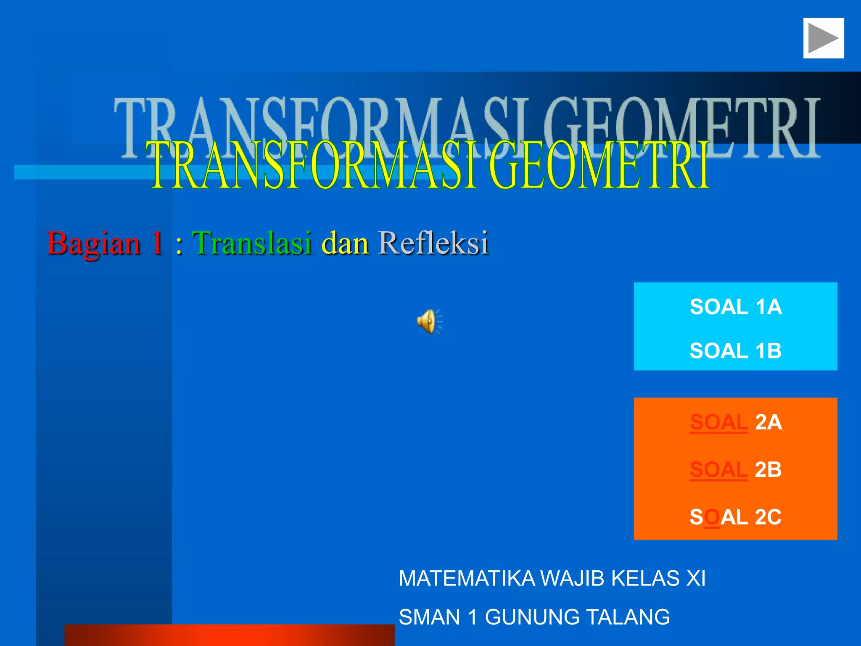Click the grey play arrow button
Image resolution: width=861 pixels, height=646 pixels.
823,38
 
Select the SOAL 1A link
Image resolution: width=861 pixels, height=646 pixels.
736,307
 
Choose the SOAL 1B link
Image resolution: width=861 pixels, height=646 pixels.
736,351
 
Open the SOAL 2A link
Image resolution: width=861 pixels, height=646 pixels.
736,422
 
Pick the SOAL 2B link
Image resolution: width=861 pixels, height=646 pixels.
736,470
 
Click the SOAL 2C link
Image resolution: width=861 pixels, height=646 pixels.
736,517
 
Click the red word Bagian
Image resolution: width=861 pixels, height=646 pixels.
94,244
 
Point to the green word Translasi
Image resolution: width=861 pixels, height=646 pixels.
252,243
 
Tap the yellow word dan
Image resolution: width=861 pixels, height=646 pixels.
345,243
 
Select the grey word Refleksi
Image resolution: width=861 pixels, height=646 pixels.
433,243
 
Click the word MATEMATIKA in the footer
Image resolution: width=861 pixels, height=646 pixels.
467,578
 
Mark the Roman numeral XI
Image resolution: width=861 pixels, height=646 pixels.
696,578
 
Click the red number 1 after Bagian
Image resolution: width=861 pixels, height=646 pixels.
157,243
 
